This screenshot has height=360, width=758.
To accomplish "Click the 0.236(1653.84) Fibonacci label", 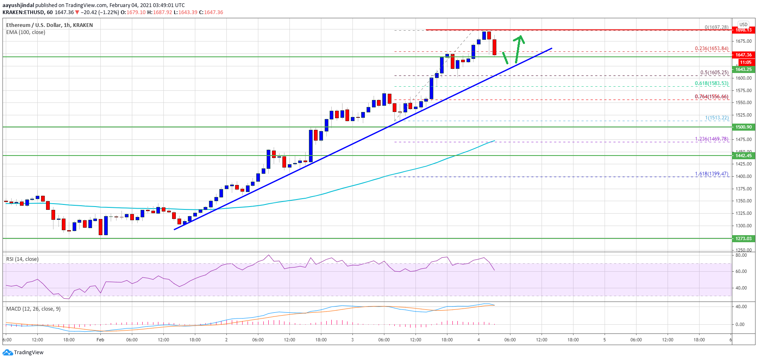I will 712,49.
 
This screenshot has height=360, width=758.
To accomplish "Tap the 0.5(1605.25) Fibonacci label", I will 714,73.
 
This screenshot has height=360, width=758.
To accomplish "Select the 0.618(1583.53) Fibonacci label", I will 712,83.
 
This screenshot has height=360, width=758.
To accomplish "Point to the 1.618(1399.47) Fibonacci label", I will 712,174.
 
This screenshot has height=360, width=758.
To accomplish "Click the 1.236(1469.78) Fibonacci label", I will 712,139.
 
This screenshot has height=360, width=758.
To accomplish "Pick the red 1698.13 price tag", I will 743,30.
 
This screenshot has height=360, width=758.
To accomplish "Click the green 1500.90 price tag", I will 743,127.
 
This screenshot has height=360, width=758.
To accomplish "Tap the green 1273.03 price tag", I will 743,238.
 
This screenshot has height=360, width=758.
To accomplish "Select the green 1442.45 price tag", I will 743,156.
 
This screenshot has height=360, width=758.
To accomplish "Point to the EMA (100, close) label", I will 26,32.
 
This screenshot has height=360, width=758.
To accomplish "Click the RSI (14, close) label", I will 22,259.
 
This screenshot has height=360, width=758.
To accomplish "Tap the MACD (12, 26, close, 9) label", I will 33,309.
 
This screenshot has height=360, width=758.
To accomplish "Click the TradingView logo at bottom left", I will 23,353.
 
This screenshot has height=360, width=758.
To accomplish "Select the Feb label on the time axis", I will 100,340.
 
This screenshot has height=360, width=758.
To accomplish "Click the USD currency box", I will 743,24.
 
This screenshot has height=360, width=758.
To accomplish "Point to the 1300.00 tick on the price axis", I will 743,226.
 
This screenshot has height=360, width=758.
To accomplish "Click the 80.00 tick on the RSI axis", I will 741,255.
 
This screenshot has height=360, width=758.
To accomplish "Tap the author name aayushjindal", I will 18,5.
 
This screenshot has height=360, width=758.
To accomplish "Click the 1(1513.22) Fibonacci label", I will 717,118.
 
